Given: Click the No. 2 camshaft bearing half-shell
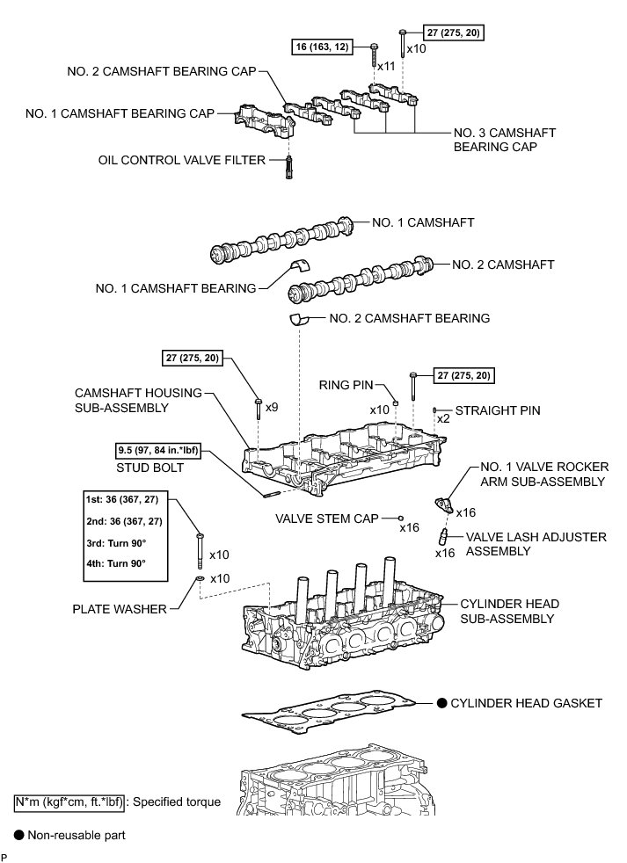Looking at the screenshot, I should pyautogui.click(x=301, y=319).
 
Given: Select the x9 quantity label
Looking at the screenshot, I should pyautogui.click(x=272, y=408).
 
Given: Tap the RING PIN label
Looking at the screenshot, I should pyautogui.click(x=347, y=384).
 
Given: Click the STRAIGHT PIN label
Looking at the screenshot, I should pyautogui.click(x=498, y=410).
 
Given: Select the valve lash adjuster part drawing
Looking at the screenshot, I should pyautogui.click(x=445, y=536).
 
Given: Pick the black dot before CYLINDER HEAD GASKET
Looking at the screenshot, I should pyautogui.click(x=441, y=702).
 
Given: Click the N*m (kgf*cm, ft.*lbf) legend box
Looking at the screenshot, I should pyautogui.click(x=69, y=801).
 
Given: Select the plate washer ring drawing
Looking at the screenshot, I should pyautogui.click(x=200, y=579).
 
